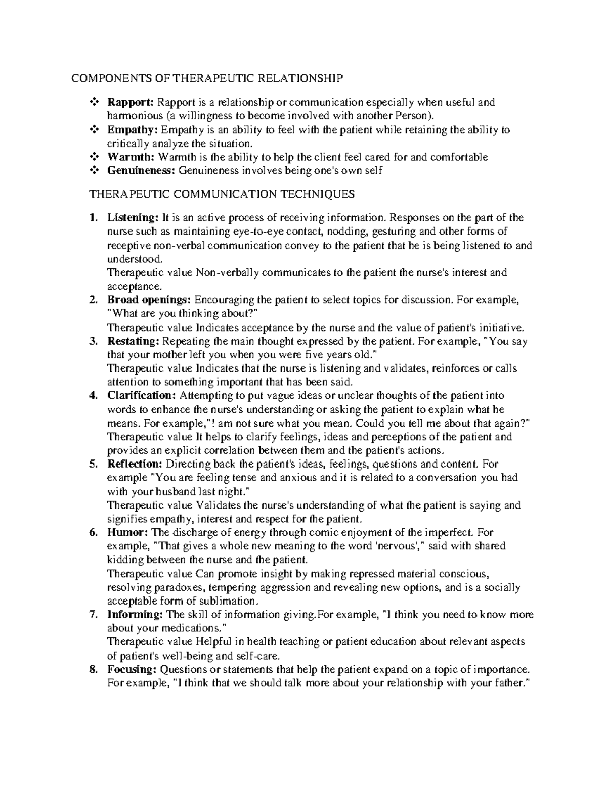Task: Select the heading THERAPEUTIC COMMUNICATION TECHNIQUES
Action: click(x=222, y=194)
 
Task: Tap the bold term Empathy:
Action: click(x=129, y=130)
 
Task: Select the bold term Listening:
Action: click(x=131, y=218)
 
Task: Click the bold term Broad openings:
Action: click(x=149, y=300)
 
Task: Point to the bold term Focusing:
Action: click(x=132, y=670)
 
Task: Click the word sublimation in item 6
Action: click(x=235, y=601)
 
